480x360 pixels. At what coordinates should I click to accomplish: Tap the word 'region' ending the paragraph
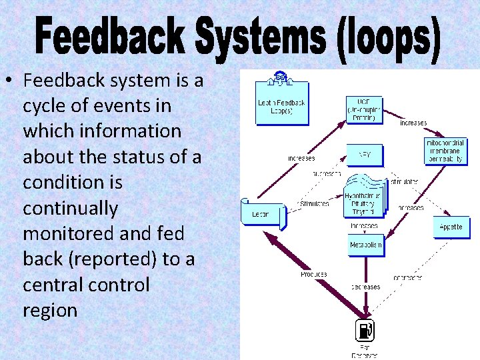pyautogui.click(x=49, y=310)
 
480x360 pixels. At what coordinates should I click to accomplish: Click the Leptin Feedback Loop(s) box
pyautogui.click(x=282, y=103)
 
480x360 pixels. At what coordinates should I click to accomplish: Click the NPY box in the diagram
pyautogui.click(x=364, y=155)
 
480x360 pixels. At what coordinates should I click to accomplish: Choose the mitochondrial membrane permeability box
pyautogui.click(x=445, y=151)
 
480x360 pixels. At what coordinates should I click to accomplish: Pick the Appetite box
pyautogui.click(x=451, y=227)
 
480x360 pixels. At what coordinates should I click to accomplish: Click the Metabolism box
pyautogui.click(x=366, y=245)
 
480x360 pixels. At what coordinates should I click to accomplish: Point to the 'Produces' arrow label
pyautogui.click(x=313, y=274)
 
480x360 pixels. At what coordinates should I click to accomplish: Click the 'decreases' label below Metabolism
pyautogui.click(x=365, y=287)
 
